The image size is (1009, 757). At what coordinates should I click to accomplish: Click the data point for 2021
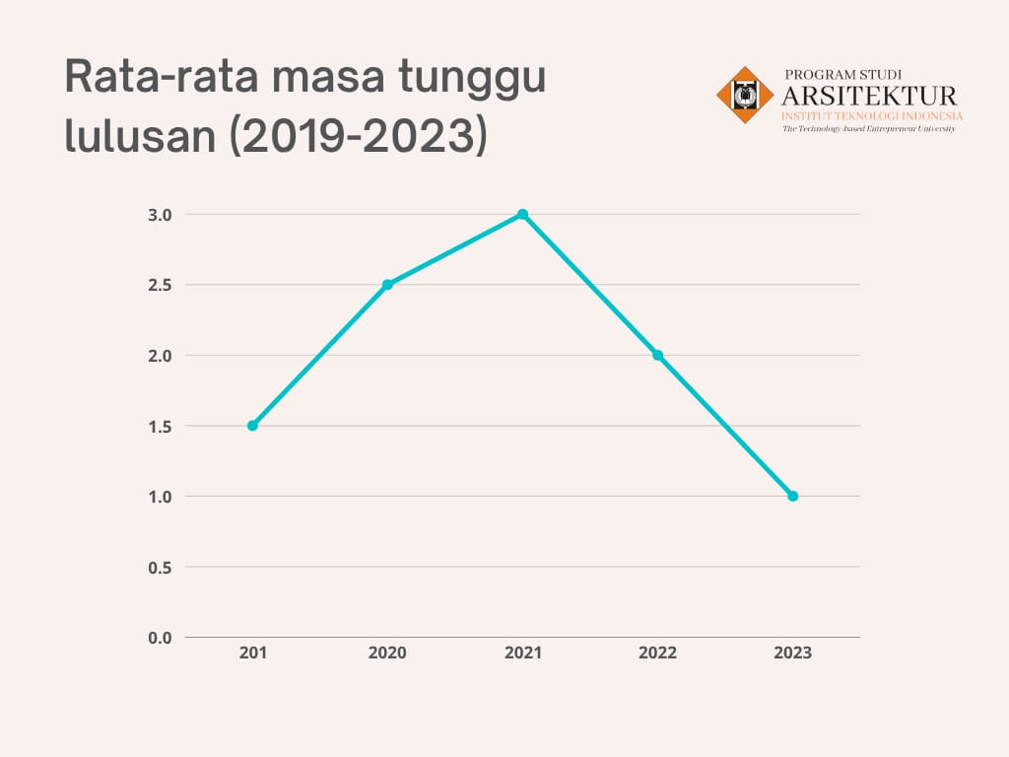[522, 214]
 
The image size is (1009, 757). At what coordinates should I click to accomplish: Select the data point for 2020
[387, 285]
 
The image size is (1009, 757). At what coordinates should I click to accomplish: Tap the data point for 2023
[792, 496]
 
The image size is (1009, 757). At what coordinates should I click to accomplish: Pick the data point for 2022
[657, 355]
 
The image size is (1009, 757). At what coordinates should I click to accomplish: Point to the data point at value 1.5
[252, 426]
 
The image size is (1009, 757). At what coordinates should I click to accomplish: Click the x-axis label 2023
[792, 653]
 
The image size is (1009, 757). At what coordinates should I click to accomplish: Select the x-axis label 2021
[522, 653]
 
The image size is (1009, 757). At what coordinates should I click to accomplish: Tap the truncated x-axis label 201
[252, 653]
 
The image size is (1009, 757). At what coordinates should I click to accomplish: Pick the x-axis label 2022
[657, 653]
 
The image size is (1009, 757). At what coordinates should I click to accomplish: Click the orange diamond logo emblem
[745, 95]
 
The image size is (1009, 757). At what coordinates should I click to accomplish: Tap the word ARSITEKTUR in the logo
[869, 96]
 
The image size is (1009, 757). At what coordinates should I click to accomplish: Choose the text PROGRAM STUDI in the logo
[842, 74]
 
